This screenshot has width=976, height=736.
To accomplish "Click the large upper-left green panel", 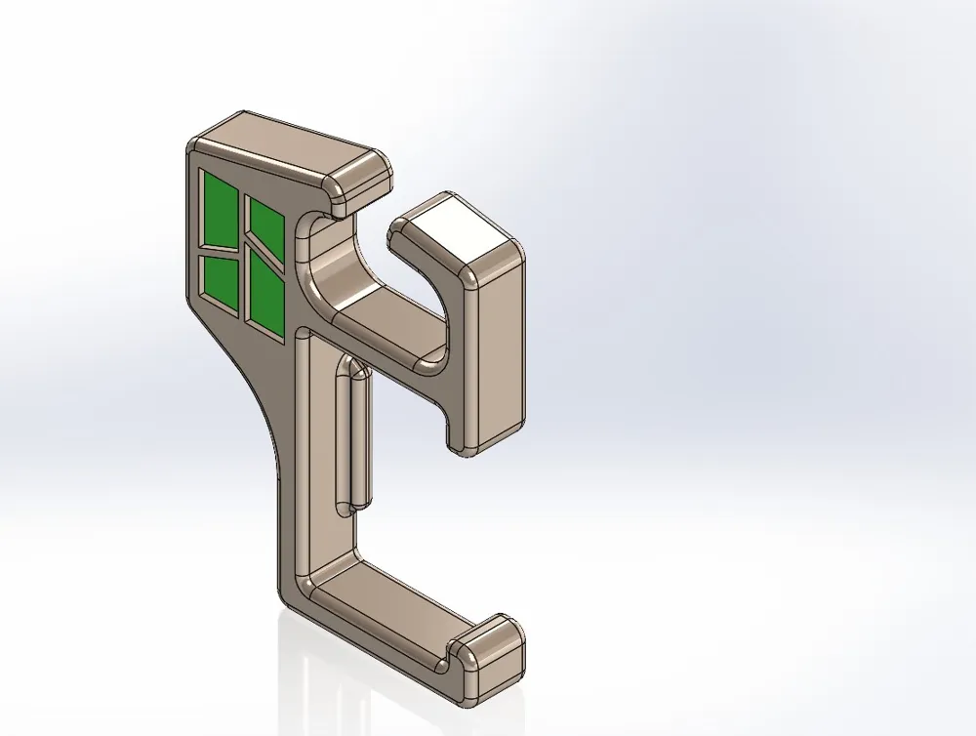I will tap(220, 209).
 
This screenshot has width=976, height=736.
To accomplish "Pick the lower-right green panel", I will tap(264, 291).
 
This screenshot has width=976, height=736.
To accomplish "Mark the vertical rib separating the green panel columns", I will tap(242, 254).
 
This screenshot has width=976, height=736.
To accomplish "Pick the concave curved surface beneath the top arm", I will tap(342, 264).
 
